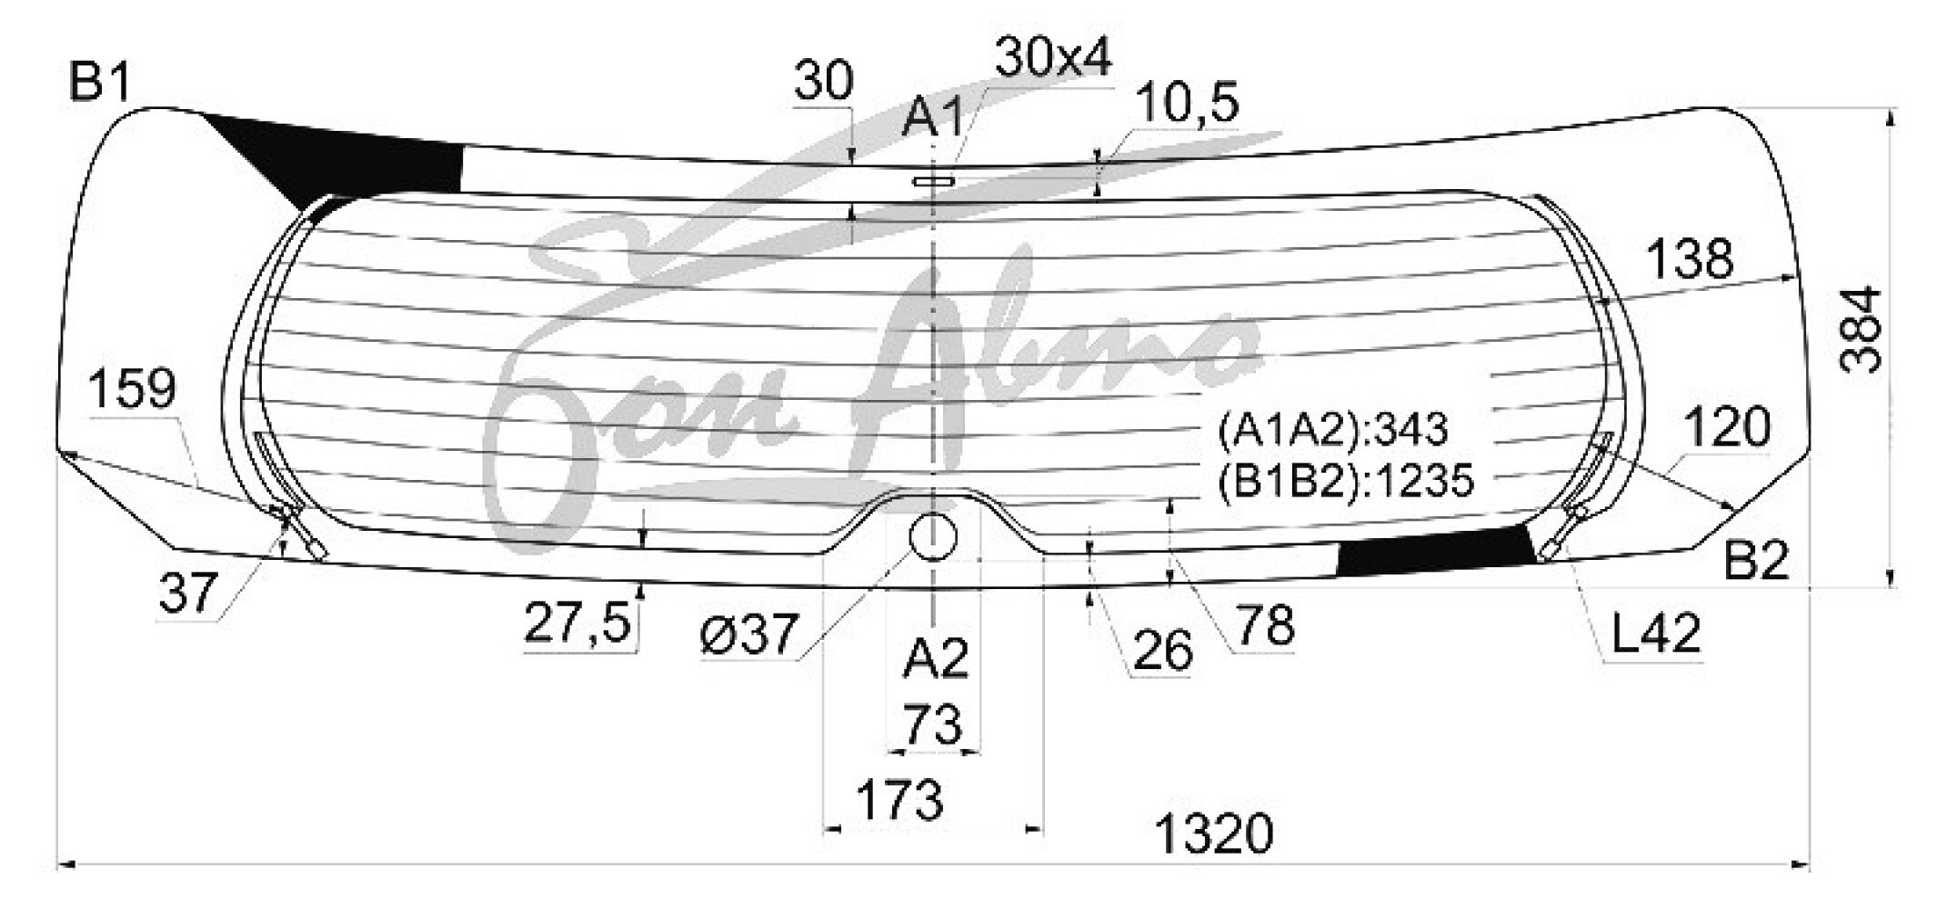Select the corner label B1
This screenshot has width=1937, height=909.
(x=101, y=85)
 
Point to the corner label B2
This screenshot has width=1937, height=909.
(x=1757, y=561)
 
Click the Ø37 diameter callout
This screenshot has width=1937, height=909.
(x=749, y=633)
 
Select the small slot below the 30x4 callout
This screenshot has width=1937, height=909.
(x=934, y=183)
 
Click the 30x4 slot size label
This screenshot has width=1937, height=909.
(x=1053, y=58)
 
